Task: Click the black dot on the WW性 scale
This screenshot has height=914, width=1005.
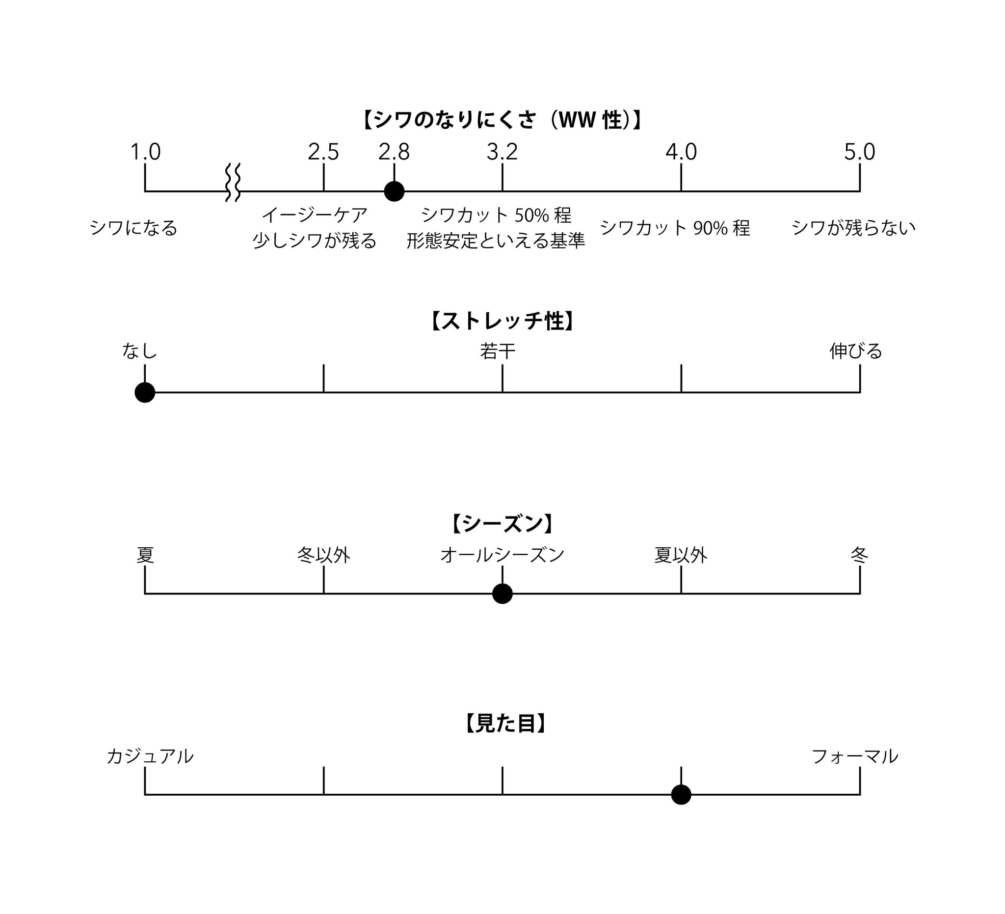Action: [394, 191]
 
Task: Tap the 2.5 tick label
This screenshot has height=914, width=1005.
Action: [323, 152]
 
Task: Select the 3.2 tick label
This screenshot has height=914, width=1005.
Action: [502, 152]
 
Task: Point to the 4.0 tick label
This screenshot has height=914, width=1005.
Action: [681, 152]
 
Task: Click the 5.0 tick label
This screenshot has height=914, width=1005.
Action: [859, 152]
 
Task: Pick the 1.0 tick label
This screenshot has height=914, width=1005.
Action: [145, 152]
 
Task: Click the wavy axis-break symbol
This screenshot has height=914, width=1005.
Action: [233, 182]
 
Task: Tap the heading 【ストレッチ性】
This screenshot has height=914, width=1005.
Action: [502, 321]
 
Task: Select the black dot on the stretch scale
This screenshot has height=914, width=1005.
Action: [145, 392]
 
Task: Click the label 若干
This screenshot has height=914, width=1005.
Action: [498, 351]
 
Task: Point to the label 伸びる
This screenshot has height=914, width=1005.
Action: [855, 351]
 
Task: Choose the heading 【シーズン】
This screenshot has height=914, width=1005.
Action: [502, 524]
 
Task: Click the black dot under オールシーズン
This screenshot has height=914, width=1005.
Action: [502, 593]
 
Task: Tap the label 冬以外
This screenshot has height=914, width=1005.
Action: [323, 555]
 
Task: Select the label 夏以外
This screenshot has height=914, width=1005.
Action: [681, 555]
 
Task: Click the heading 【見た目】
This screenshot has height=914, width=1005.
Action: [505, 724]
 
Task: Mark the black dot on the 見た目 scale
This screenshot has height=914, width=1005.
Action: [681, 795]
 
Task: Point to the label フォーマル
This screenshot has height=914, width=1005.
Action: [854, 756]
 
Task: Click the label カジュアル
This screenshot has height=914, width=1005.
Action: [150, 756]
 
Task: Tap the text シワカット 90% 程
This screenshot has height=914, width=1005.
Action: [674, 228]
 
